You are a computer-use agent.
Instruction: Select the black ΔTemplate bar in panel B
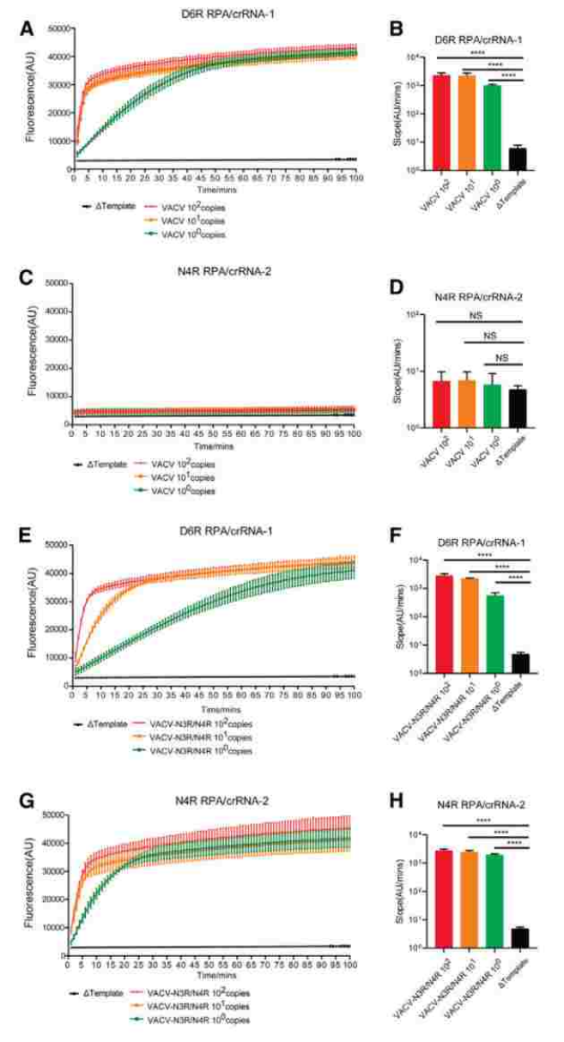[x=517, y=159]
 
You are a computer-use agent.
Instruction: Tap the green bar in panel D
[x=492, y=405]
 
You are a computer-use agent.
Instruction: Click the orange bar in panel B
[x=467, y=123]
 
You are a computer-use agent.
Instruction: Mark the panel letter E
[x=27, y=537]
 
